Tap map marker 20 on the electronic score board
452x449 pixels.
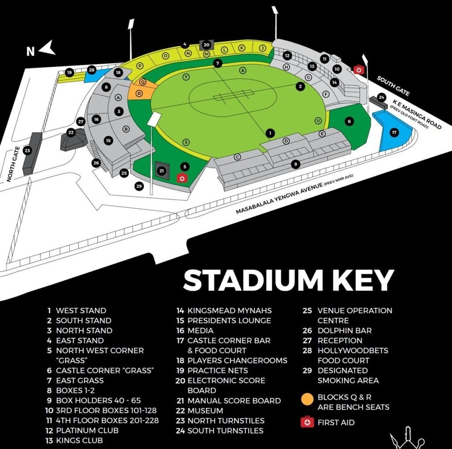(x=206, y=44)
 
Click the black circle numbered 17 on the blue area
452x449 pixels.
(x=394, y=132)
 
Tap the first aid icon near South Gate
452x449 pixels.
(x=358, y=69)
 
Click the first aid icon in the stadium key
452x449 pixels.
(x=307, y=422)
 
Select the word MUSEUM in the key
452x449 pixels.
(x=205, y=411)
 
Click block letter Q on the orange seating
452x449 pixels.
(x=143, y=82)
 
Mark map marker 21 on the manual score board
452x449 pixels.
(x=162, y=171)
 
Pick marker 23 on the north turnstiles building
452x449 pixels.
(x=27, y=151)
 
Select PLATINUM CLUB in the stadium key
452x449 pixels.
(x=87, y=430)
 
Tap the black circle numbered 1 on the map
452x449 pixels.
(x=271, y=133)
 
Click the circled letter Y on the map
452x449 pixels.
(x=186, y=77)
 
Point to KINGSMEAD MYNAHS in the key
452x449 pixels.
(x=230, y=311)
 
